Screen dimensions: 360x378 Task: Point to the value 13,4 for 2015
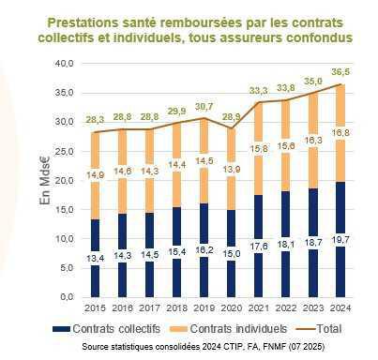[x=96, y=258]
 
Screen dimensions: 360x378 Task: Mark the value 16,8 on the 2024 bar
[x=340, y=134]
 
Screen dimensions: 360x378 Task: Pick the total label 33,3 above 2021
[x=259, y=90]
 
